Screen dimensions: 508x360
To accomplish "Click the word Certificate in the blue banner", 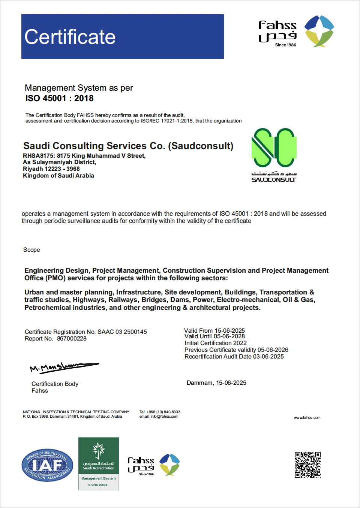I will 70,37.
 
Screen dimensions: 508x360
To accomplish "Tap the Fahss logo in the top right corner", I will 296,31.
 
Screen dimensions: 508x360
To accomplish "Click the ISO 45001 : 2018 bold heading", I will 59,99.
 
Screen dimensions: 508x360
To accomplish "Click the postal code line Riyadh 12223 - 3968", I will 51,169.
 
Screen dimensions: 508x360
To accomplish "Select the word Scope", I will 31,250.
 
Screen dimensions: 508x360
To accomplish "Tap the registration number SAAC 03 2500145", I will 122,332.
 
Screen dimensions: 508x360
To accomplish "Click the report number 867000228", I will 72,339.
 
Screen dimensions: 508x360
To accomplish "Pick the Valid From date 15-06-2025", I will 229,330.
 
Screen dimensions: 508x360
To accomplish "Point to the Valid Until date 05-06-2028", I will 229,336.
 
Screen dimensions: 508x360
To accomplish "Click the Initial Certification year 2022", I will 240,343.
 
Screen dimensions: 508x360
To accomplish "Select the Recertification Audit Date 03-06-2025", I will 268,357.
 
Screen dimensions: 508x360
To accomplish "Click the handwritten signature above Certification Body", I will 64,367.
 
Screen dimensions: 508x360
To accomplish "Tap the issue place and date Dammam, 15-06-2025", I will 216,383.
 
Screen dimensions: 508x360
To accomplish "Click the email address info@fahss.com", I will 164,417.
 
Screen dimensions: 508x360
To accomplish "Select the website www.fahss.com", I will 307,418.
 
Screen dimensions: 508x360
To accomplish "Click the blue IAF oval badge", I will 47,465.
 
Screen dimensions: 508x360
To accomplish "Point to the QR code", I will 307,465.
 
